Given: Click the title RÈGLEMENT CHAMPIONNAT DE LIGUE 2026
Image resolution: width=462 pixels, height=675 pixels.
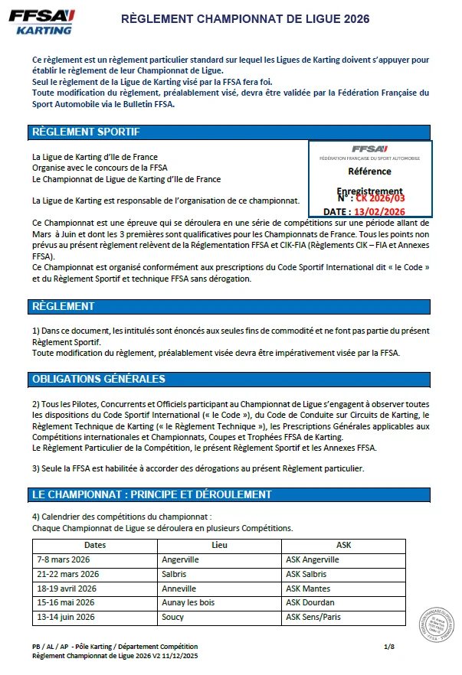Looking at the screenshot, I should point(246,18).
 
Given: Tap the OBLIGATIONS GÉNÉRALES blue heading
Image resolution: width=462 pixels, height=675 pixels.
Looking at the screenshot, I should point(99,379).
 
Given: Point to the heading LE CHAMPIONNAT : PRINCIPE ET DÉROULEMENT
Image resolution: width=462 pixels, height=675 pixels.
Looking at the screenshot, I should point(152,494).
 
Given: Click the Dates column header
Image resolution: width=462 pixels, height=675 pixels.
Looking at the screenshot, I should point(95,545).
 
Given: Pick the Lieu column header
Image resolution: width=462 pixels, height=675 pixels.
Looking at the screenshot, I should point(219,545).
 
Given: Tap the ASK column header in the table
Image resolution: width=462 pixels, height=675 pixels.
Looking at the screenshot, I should point(344,545).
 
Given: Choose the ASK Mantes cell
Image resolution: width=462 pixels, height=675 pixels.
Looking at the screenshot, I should point(308,589).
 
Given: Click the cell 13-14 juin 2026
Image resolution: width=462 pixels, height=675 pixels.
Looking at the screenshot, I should point(67,617).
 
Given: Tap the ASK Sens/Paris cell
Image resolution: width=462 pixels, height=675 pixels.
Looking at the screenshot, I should point(314,617).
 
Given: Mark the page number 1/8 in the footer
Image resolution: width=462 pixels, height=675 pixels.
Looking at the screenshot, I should point(388,647).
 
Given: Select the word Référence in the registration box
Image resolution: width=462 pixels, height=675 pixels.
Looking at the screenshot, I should point(369,171).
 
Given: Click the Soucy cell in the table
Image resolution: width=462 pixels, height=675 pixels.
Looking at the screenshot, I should point(173,617).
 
